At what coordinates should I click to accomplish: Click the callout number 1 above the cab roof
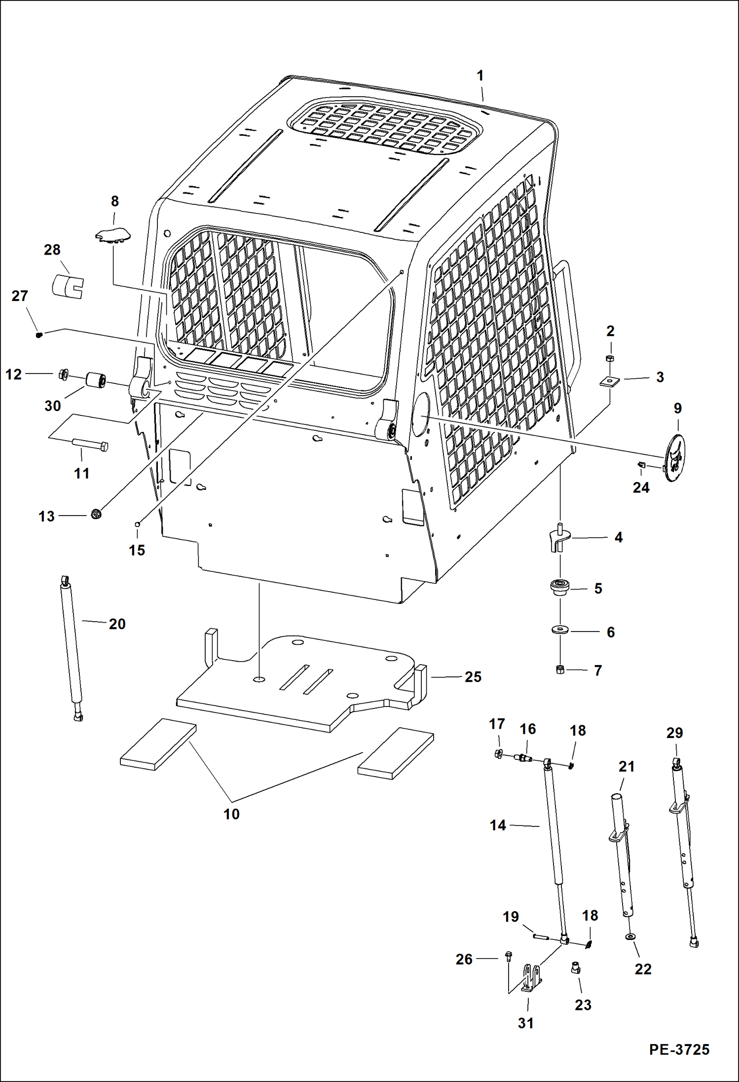[480, 76]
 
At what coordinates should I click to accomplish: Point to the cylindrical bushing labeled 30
[97, 381]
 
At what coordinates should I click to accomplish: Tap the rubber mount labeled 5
[560, 588]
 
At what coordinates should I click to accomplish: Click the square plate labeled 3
[609, 381]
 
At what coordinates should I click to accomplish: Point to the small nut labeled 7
[560, 670]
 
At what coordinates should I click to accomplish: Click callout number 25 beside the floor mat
[473, 677]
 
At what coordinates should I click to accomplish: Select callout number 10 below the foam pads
[231, 814]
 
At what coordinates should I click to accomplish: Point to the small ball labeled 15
[139, 524]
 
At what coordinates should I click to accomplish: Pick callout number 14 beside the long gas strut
[498, 825]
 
